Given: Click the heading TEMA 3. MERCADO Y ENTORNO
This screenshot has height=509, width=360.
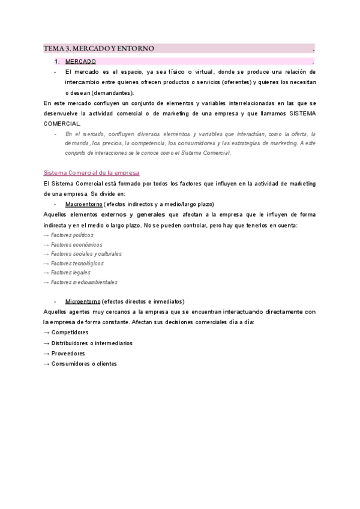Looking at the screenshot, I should pyautogui.click(x=99, y=48).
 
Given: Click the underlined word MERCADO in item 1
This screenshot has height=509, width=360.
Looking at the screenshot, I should pyautogui.click(x=80, y=62).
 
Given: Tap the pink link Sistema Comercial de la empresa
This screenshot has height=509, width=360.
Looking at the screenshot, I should pyautogui.click(x=91, y=173).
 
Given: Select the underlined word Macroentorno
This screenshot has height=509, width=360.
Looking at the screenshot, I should pyautogui.click(x=83, y=204).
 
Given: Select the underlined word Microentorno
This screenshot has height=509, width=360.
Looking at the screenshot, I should pyautogui.click(x=83, y=301).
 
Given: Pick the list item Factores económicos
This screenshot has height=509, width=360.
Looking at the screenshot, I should pyautogui.click(x=77, y=244).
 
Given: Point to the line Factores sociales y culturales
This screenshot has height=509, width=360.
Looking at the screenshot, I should pyautogui.click(x=86, y=254).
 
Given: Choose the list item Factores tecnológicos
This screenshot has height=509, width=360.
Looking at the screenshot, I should pyautogui.click(x=77, y=263).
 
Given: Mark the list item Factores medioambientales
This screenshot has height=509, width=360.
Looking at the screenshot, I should pyautogui.click(x=84, y=282).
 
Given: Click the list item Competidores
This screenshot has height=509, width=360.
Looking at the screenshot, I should pyautogui.click(x=70, y=332).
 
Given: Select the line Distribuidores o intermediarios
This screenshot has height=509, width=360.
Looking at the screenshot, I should pyautogui.click(x=92, y=343).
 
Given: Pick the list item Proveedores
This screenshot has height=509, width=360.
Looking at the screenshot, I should pyautogui.click(x=68, y=354).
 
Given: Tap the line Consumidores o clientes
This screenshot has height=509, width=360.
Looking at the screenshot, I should pyautogui.click(x=84, y=364).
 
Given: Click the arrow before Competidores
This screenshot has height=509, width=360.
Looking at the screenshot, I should pyautogui.click(x=47, y=332).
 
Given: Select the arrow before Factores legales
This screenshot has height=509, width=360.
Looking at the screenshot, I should pyautogui.click(x=47, y=273).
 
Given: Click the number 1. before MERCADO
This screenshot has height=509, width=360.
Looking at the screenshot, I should pyautogui.click(x=56, y=62).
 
